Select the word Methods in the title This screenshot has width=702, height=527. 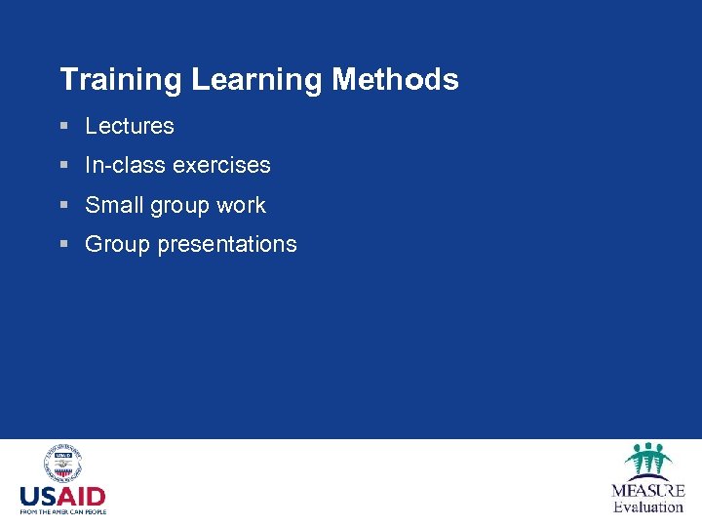(395, 80)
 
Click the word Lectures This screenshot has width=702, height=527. (130, 126)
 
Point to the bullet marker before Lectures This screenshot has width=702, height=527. (64, 127)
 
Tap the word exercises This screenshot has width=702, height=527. (221, 165)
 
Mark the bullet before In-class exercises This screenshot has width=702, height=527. (64, 166)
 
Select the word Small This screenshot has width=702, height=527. (112, 205)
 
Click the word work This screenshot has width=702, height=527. (243, 205)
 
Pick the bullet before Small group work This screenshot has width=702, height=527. (64, 206)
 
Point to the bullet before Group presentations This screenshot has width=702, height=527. (64, 245)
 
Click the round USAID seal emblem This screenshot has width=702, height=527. (62, 465)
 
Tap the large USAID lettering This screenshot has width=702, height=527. (62, 496)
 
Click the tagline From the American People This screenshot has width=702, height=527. (62, 511)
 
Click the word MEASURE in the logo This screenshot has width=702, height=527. (647, 491)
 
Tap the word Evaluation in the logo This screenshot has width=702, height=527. (647, 507)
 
